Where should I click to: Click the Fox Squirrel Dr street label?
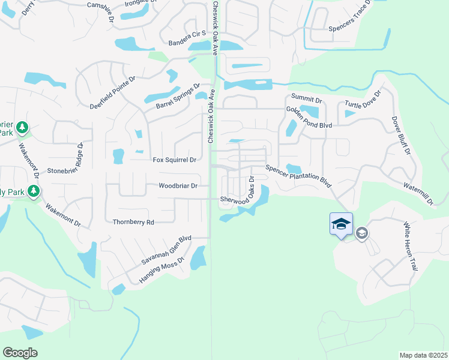(x=175, y=160)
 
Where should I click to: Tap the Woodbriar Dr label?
(x=178, y=186)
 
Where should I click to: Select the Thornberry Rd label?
(x=133, y=222)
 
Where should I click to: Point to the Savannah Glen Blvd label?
(x=166, y=250)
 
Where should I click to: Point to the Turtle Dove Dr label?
(x=363, y=103)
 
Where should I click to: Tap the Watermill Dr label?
(x=418, y=194)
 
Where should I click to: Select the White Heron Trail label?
(x=409, y=246)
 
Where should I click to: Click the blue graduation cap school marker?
(x=341, y=224)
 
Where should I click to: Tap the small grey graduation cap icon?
(x=361, y=233)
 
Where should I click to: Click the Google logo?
(x=20, y=353)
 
